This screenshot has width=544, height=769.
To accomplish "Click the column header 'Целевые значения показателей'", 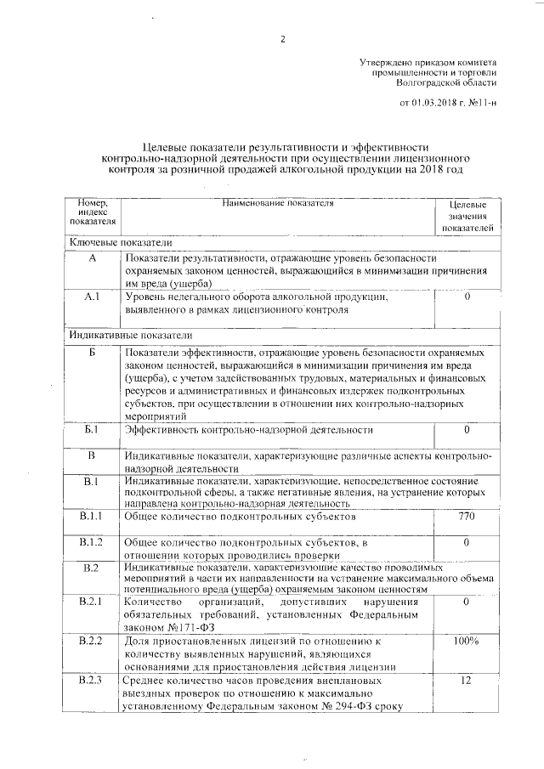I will coord(467,217).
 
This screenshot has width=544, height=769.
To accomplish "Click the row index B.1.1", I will coord(92,516).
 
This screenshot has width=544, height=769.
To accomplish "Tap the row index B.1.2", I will coord(92,542).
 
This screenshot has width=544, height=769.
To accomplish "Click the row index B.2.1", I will coord(92,602).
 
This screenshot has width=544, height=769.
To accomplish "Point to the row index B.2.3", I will coord(92,681).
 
